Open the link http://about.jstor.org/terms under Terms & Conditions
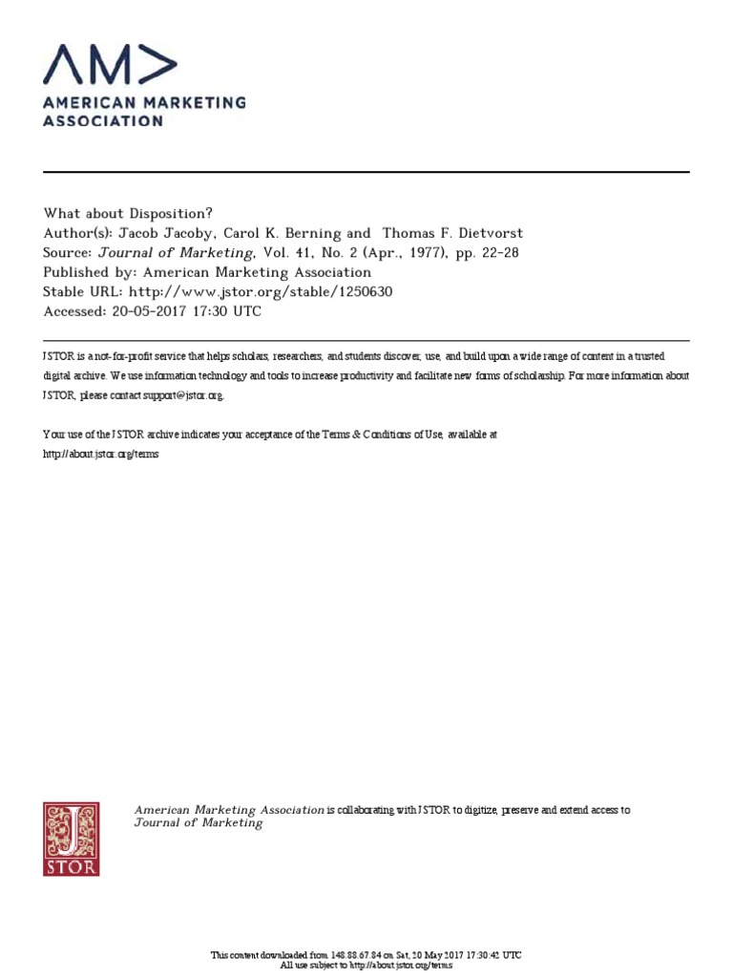(x=101, y=454)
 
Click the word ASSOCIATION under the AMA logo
(x=103, y=121)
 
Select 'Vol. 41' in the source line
(x=283, y=253)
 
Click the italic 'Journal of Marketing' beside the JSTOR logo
(x=199, y=823)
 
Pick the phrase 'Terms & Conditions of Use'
(x=367, y=435)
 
